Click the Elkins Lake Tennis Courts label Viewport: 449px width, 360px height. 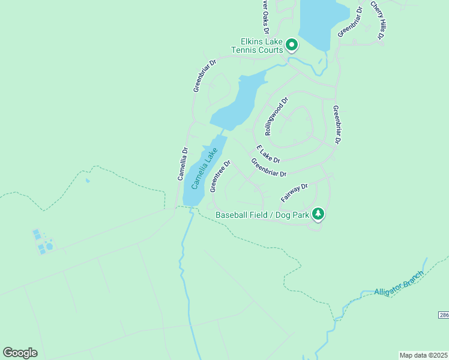tap(261, 46)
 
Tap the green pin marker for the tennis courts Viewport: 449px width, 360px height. tap(292, 44)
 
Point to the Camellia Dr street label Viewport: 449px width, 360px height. tap(182, 164)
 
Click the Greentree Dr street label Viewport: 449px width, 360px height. tap(220, 176)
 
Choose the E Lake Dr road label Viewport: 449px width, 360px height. tap(268, 154)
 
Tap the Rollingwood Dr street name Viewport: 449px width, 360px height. tap(277, 116)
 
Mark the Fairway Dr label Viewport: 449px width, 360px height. tap(294, 193)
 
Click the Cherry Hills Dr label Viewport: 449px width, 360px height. tap(377, 21)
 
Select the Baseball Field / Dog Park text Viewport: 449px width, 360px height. tap(262, 214)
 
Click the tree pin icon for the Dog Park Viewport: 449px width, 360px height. tap(318, 213)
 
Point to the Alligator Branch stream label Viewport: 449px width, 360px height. tap(399, 283)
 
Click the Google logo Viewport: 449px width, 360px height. tap(20, 353)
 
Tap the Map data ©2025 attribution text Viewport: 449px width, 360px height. tap(423, 355)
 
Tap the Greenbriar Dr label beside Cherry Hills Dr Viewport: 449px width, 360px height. tap(351, 22)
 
